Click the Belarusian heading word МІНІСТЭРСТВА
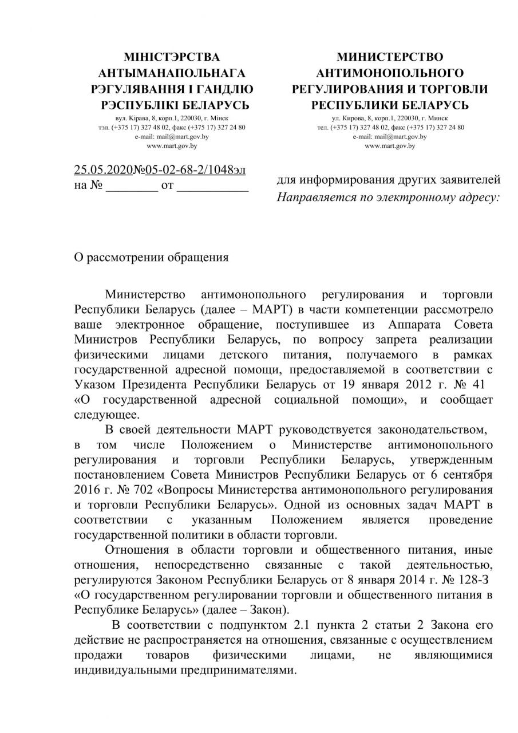pos(172,57)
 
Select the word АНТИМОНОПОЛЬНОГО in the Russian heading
pos(390,73)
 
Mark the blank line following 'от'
pos(212,186)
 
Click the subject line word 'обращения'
pos(197,257)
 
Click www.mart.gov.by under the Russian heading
pos(390,145)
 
